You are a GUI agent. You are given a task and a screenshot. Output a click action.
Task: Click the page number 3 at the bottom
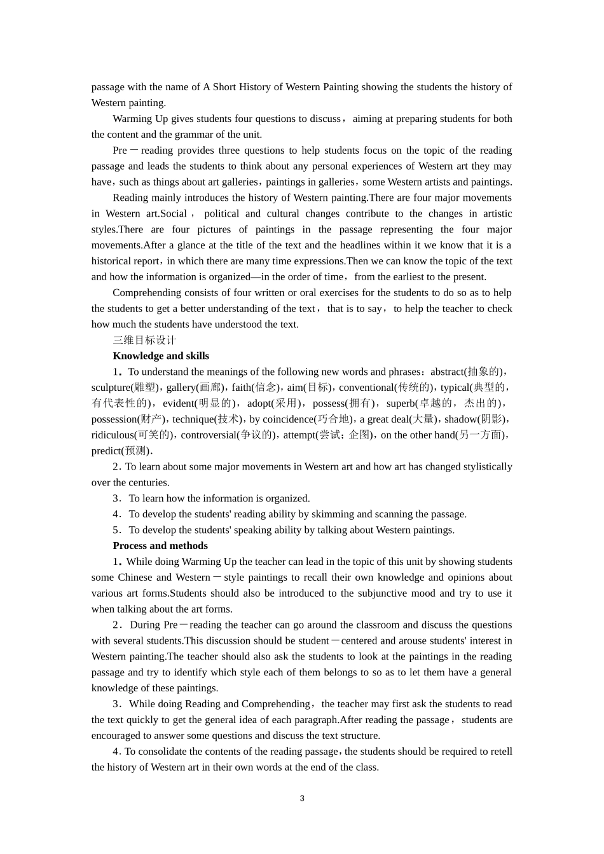(302, 799)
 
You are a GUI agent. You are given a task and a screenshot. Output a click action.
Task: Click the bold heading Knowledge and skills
(161, 356)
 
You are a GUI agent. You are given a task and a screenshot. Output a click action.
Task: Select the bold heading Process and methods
(160, 546)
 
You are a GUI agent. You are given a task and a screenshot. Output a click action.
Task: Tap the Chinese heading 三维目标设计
(144, 340)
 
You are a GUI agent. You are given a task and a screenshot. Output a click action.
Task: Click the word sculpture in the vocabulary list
(110, 388)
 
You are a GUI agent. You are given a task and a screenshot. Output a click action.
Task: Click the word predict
(106, 451)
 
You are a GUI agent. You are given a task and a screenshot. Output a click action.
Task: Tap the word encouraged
(116, 736)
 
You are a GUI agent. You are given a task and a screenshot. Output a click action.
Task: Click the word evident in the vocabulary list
(178, 403)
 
